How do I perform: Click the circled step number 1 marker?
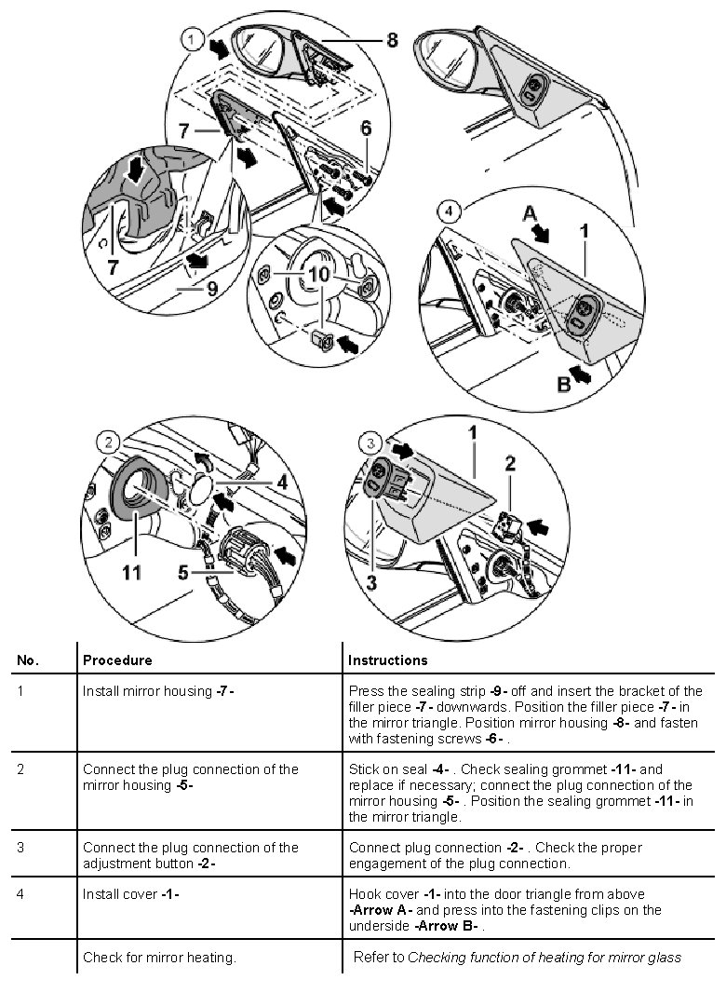pos(190,39)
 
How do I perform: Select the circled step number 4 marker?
pos(449,211)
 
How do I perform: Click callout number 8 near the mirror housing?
pos(392,40)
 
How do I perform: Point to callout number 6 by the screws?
pos(367,129)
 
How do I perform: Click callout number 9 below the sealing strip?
pos(212,289)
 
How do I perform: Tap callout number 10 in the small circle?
pos(318,275)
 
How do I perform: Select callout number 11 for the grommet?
pos(132,572)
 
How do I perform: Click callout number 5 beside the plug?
pos(184,572)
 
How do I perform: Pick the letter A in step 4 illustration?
pos(530,213)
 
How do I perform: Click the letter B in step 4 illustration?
pos(563,384)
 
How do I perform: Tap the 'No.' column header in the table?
pos(28,660)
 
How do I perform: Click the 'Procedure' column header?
pos(117,660)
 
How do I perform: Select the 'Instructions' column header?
pos(387,660)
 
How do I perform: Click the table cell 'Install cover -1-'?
pos(131,894)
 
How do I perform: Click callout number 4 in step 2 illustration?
pos(281,482)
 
